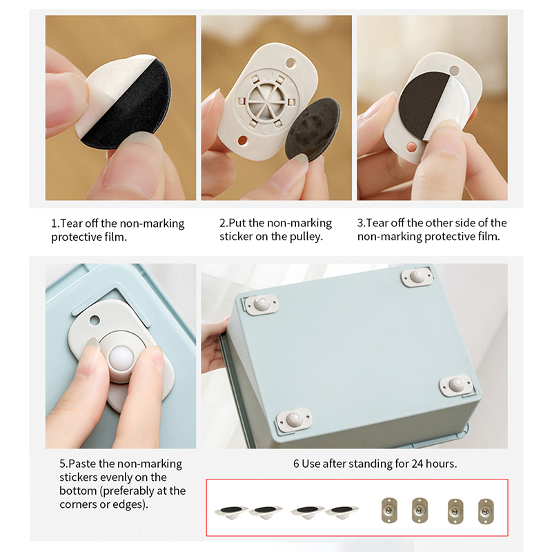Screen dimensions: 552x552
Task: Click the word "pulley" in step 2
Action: tap(305, 237)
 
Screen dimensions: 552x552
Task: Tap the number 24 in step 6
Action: tap(417, 464)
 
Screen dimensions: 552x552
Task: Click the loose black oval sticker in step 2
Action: tap(313, 130)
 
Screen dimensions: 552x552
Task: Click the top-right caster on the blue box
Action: tap(417, 276)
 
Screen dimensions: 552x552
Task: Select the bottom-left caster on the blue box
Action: tap(293, 420)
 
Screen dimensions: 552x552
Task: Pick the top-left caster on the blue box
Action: tap(261, 304)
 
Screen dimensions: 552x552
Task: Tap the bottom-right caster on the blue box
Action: tap(456, 385)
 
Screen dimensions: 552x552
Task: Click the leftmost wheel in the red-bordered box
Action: tap(231, 511)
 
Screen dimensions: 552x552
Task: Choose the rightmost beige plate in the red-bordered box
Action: tap(486, 511)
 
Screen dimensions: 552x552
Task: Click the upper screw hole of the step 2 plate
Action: tap(290, 63)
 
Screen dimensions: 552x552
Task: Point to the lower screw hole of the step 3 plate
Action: tap(411, 147)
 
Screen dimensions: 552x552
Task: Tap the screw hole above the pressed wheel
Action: tap(95, 320)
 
